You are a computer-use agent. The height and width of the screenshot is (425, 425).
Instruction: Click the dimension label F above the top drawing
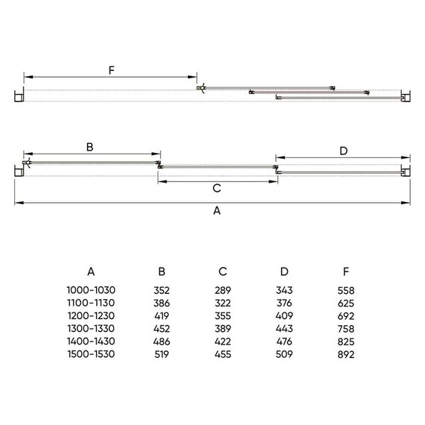click(111, 70)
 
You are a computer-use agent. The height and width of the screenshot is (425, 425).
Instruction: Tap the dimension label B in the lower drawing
click(89, 147)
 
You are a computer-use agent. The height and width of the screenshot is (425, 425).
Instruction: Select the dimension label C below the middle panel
click(217, 188)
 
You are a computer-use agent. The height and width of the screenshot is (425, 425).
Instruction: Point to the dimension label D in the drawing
click(344, 151)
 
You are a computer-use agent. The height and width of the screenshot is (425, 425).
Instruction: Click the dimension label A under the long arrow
click(217, 210)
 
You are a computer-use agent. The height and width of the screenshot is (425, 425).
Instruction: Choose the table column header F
click(346, 271)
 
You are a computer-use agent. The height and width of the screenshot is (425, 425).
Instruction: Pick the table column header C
click(223, 271)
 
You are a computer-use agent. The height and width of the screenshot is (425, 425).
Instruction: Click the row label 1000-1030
click(91, 290)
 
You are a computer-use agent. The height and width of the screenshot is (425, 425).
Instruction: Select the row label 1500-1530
click(91, 354)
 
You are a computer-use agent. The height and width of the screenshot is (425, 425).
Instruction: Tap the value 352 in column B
click(162, 290)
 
